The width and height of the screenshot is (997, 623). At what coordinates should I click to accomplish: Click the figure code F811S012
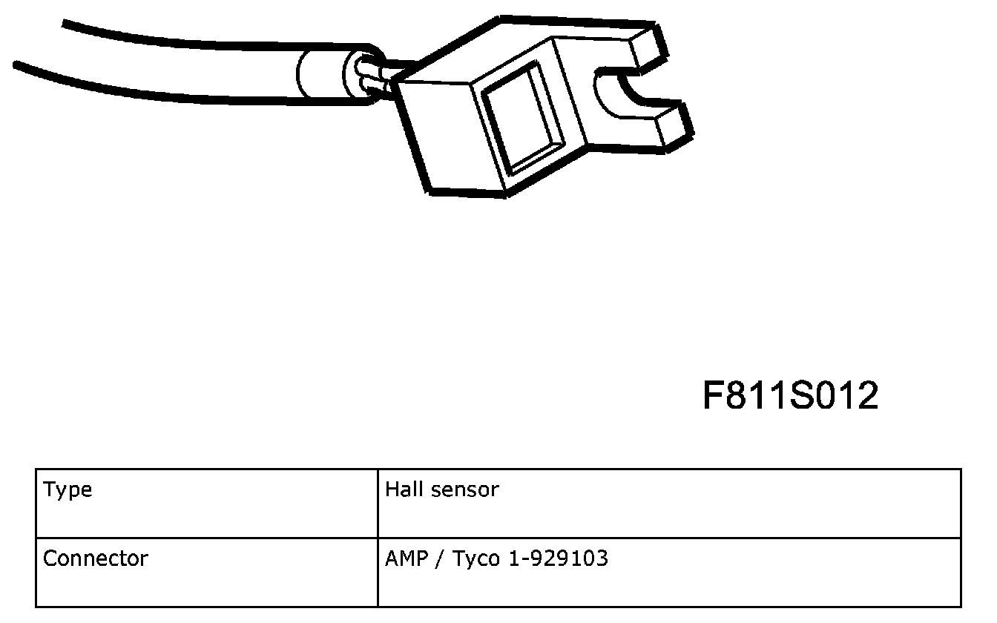coord(791,395)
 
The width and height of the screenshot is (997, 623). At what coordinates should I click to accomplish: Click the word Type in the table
coord(68,490)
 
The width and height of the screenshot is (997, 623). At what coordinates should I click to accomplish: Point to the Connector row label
coord(95,558)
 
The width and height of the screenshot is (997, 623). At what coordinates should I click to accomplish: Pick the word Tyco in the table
coord(476,560)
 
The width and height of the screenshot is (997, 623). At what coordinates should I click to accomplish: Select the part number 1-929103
coord(558,558)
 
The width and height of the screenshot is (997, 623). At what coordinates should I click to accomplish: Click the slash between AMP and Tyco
coord(440,559)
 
